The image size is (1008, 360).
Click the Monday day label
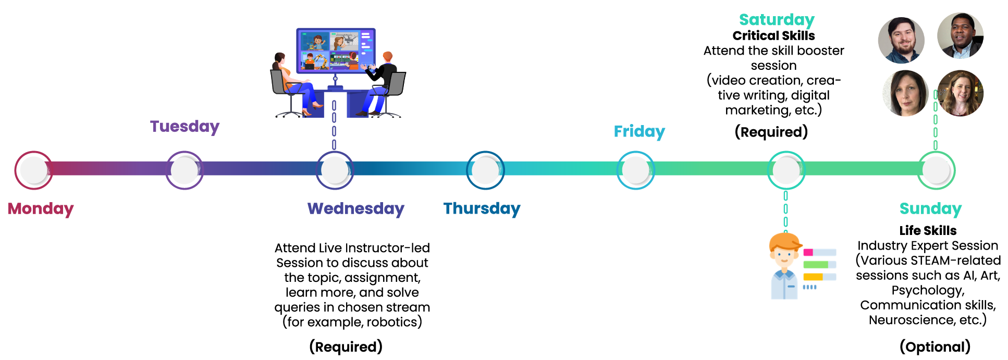41,208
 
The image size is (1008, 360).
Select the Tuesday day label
185,127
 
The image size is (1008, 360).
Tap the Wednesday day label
356,208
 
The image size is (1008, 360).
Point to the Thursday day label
482,208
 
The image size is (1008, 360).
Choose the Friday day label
640,132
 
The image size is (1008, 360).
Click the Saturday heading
777,20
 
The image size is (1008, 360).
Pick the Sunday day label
930,208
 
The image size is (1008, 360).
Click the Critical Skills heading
773,36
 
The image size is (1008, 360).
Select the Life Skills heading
928,231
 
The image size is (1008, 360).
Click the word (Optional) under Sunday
935,347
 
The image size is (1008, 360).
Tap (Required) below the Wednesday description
346,347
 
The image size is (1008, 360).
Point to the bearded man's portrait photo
901,40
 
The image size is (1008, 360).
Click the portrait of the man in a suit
960,36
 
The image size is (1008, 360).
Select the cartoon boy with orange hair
784,266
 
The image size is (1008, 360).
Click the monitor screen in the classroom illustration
336,51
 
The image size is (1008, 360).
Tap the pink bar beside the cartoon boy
808,253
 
